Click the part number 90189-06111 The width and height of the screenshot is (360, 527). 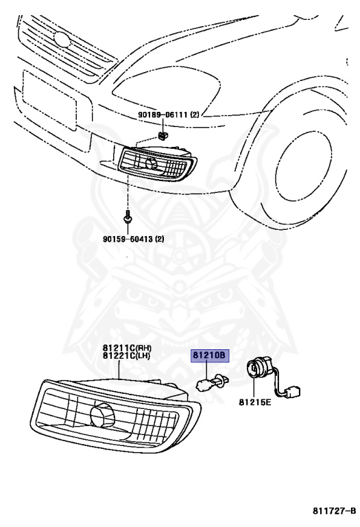[x=163, y=115]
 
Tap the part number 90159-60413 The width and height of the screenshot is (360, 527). [x=128, y=239]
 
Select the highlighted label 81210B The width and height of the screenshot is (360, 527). [x=210, y=355]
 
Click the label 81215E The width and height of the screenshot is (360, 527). [x=254, y=401]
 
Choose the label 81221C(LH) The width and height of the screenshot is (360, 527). [x=126, y=356]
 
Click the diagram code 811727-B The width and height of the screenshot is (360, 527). [x=334, y=511]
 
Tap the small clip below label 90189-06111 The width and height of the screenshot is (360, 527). [x=163, y=135]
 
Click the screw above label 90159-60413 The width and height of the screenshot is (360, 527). [x=128, y=217]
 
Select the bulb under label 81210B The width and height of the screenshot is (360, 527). [x=213, y=382]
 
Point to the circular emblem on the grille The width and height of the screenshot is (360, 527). [x=62, y=39]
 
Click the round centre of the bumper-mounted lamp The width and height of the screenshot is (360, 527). [x=151, y=163]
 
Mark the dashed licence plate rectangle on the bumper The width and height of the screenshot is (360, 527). [x=49, y=99]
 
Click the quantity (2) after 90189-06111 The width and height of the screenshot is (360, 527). [x=195, y=115]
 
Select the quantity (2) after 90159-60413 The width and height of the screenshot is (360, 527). [x=160, y=239]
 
